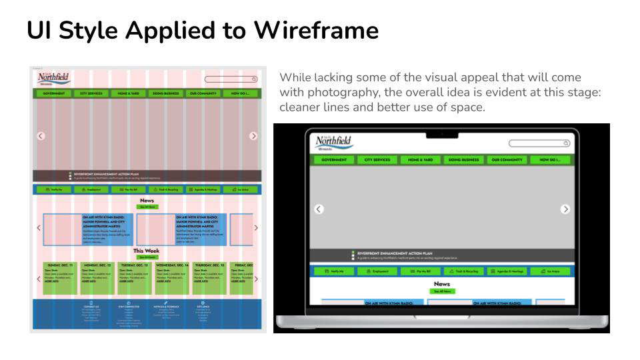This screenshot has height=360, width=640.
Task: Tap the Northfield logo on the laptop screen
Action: (333, 143)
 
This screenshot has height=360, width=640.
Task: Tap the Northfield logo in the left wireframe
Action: (53, 79)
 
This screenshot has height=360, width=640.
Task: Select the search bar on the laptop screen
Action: (539, 143)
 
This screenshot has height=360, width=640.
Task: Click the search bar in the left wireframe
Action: (231, 79)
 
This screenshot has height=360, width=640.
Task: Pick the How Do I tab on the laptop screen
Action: (551, 160)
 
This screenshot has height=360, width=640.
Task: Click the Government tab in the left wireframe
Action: (54, 93)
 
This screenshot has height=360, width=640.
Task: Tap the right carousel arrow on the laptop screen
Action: (566, 209)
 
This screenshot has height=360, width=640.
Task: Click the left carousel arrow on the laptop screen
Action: (319, 209)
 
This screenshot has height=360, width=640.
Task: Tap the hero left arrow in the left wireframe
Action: (41, 135)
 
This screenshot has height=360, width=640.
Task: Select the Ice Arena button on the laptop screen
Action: (551, 271)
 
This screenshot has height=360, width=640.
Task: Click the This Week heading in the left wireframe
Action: (147, 251)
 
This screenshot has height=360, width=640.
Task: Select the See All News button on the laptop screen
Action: (442, 291)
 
